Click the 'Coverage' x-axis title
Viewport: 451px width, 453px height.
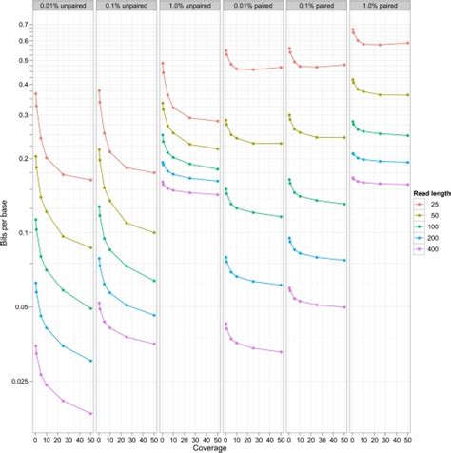pyautogui.click(x=221, y=446)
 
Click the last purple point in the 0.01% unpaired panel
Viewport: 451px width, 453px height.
pyautogui.click(x=91, y=413)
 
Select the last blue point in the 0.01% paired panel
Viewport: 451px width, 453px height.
pyautogui.click(x=283, y=285)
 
